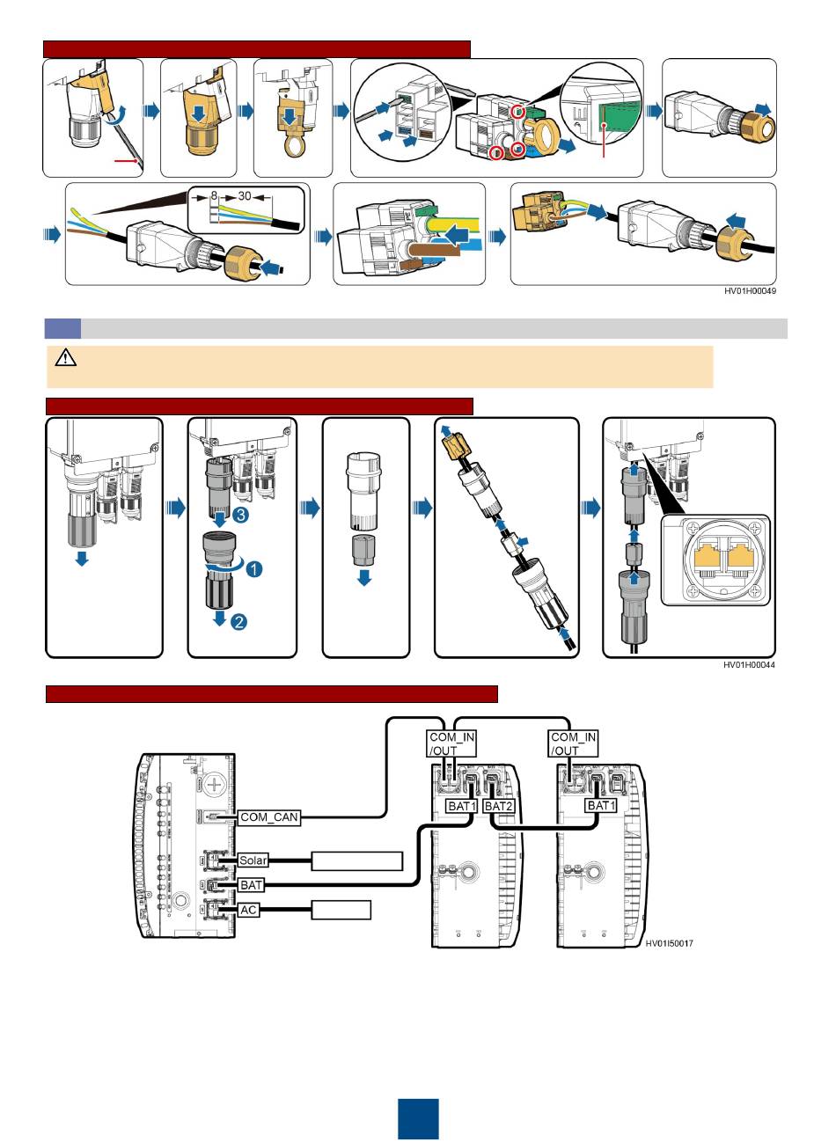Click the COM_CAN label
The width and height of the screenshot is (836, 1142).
click(269, 817)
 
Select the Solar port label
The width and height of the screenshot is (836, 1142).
click(253, 860)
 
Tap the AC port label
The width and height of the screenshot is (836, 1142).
click(249, 910)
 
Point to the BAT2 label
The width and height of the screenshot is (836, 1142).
click(498, 806)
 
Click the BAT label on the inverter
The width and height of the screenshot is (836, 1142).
click(251, 885)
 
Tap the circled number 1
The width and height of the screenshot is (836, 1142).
click(253, 569)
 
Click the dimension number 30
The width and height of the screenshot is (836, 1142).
click(245, 196)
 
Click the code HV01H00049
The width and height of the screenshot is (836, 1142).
click(750, 291)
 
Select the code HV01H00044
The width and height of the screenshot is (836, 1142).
click(749, 665)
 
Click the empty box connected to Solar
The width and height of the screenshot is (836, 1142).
click(357, 860)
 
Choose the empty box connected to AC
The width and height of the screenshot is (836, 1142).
click(341, 910)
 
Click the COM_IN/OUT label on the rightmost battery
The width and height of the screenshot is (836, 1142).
click(573, 744)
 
